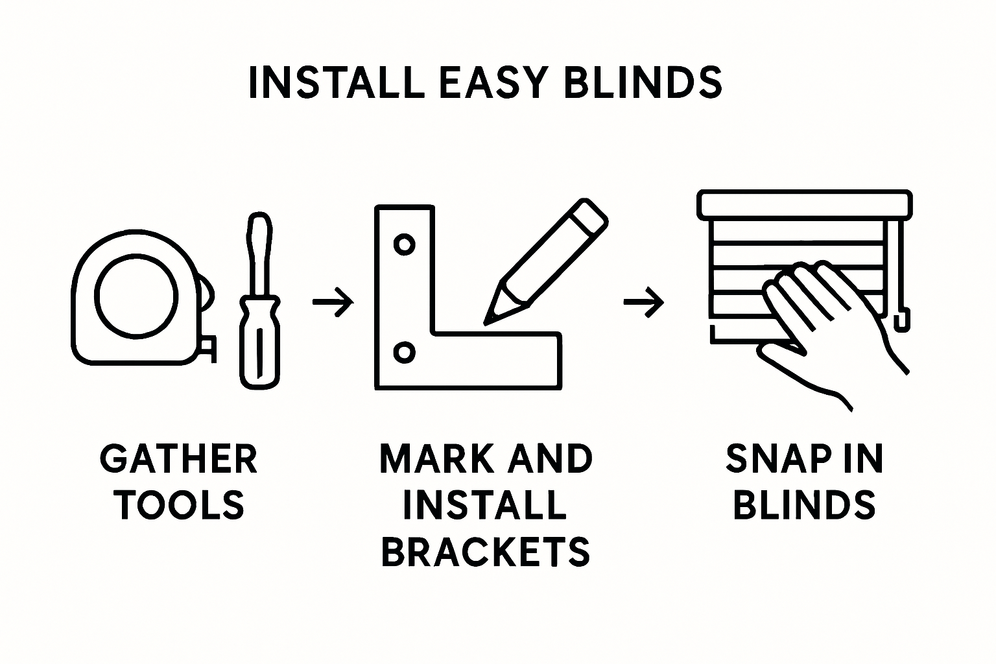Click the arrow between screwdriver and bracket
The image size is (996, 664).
[x=333, y=302]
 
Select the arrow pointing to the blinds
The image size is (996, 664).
[x=643, y=302]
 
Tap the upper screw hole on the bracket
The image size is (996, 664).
[x=405, y=245]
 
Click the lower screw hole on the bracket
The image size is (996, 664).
[x=405, y=352]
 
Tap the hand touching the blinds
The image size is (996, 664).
[x=824, y=324]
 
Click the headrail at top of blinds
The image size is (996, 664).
[x=804, y=204]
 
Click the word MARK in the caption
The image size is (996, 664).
[x=436, y=459]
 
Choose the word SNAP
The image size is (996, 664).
[x=770, y=459]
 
